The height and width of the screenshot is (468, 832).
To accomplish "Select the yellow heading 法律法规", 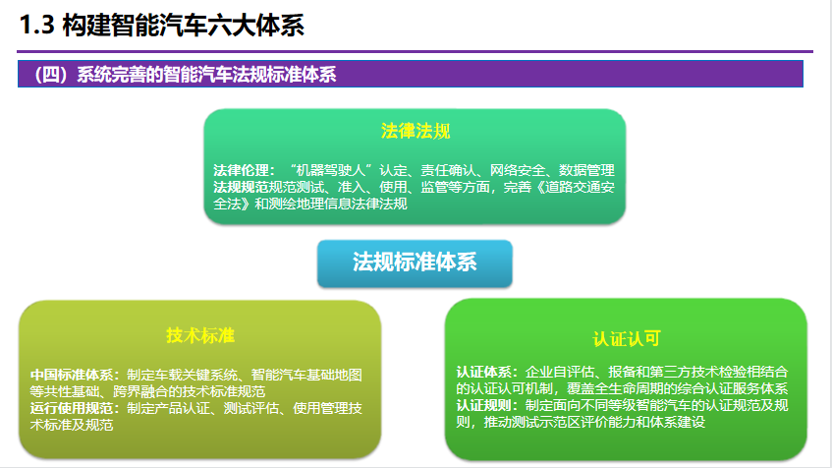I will [x=415, y=132].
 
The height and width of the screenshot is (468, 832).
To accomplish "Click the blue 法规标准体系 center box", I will [x=415, y=262].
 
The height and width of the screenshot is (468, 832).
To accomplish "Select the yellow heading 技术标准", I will [x=199, y=334].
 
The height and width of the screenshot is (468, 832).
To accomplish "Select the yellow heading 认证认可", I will [x=626, y=337].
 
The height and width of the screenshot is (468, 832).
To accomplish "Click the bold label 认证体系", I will [x=486, y=372].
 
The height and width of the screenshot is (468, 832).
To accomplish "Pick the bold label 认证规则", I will [x=486, y=405].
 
